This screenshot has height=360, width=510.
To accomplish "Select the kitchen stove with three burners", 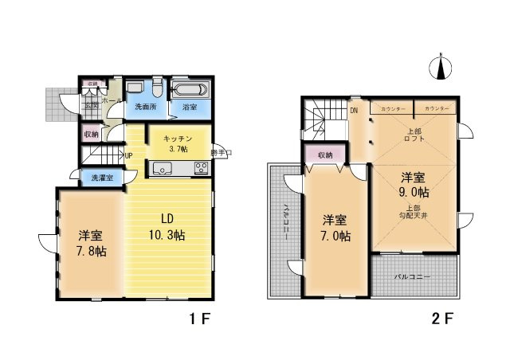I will click(x=201, y=168).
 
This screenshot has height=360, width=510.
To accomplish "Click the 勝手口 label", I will click(x=221, y=152).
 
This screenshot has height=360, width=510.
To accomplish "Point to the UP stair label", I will click(x=127, y=155).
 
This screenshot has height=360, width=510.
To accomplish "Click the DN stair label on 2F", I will click(x=354, y=111).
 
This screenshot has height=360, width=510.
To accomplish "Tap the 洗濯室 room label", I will click(x=101, y=178).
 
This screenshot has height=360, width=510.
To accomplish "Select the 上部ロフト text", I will click(x=415, y=134).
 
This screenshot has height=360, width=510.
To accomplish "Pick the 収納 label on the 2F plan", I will click(x=324, y=155).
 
